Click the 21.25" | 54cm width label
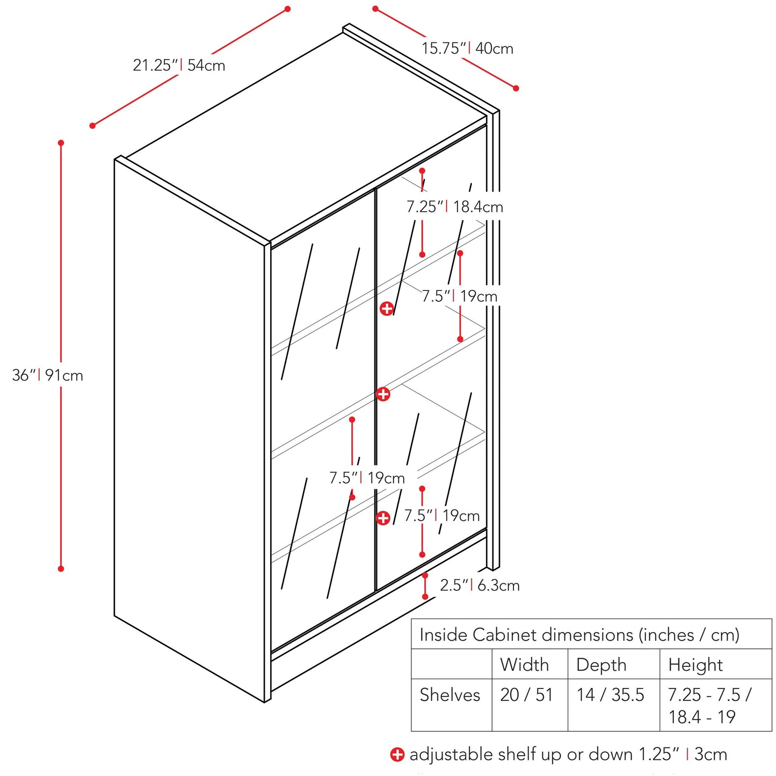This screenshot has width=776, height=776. [x=179, y=65]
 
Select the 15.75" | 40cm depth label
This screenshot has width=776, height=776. [x=467, y=48]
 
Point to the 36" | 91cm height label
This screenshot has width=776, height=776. [x=47, y=375]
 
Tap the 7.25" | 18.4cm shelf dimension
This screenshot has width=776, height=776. [x=455, y=207]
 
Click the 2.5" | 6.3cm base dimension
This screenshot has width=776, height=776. [x=480, y=585]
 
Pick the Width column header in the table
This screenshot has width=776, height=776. [x=524, y=664]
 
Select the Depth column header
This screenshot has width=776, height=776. [x=601, y=664]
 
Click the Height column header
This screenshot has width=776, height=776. [x=695, y=664]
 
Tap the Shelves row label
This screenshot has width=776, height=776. [x=450, y=695]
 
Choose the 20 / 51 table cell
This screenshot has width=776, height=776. [x=526, y=695]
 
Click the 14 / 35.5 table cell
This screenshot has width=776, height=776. [x=611, y=695]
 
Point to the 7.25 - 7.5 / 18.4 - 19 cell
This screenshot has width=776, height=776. [x=709, y=706]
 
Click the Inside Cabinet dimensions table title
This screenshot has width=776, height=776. [x=579, y=635]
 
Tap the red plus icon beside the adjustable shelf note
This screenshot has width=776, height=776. [x=397, y=755]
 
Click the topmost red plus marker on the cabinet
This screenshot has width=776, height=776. [x=387, y=309]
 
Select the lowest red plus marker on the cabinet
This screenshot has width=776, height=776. [x=383, y=518]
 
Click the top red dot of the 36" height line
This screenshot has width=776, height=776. [x=61, y=143]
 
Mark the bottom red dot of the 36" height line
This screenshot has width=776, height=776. [x=61, y=569]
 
